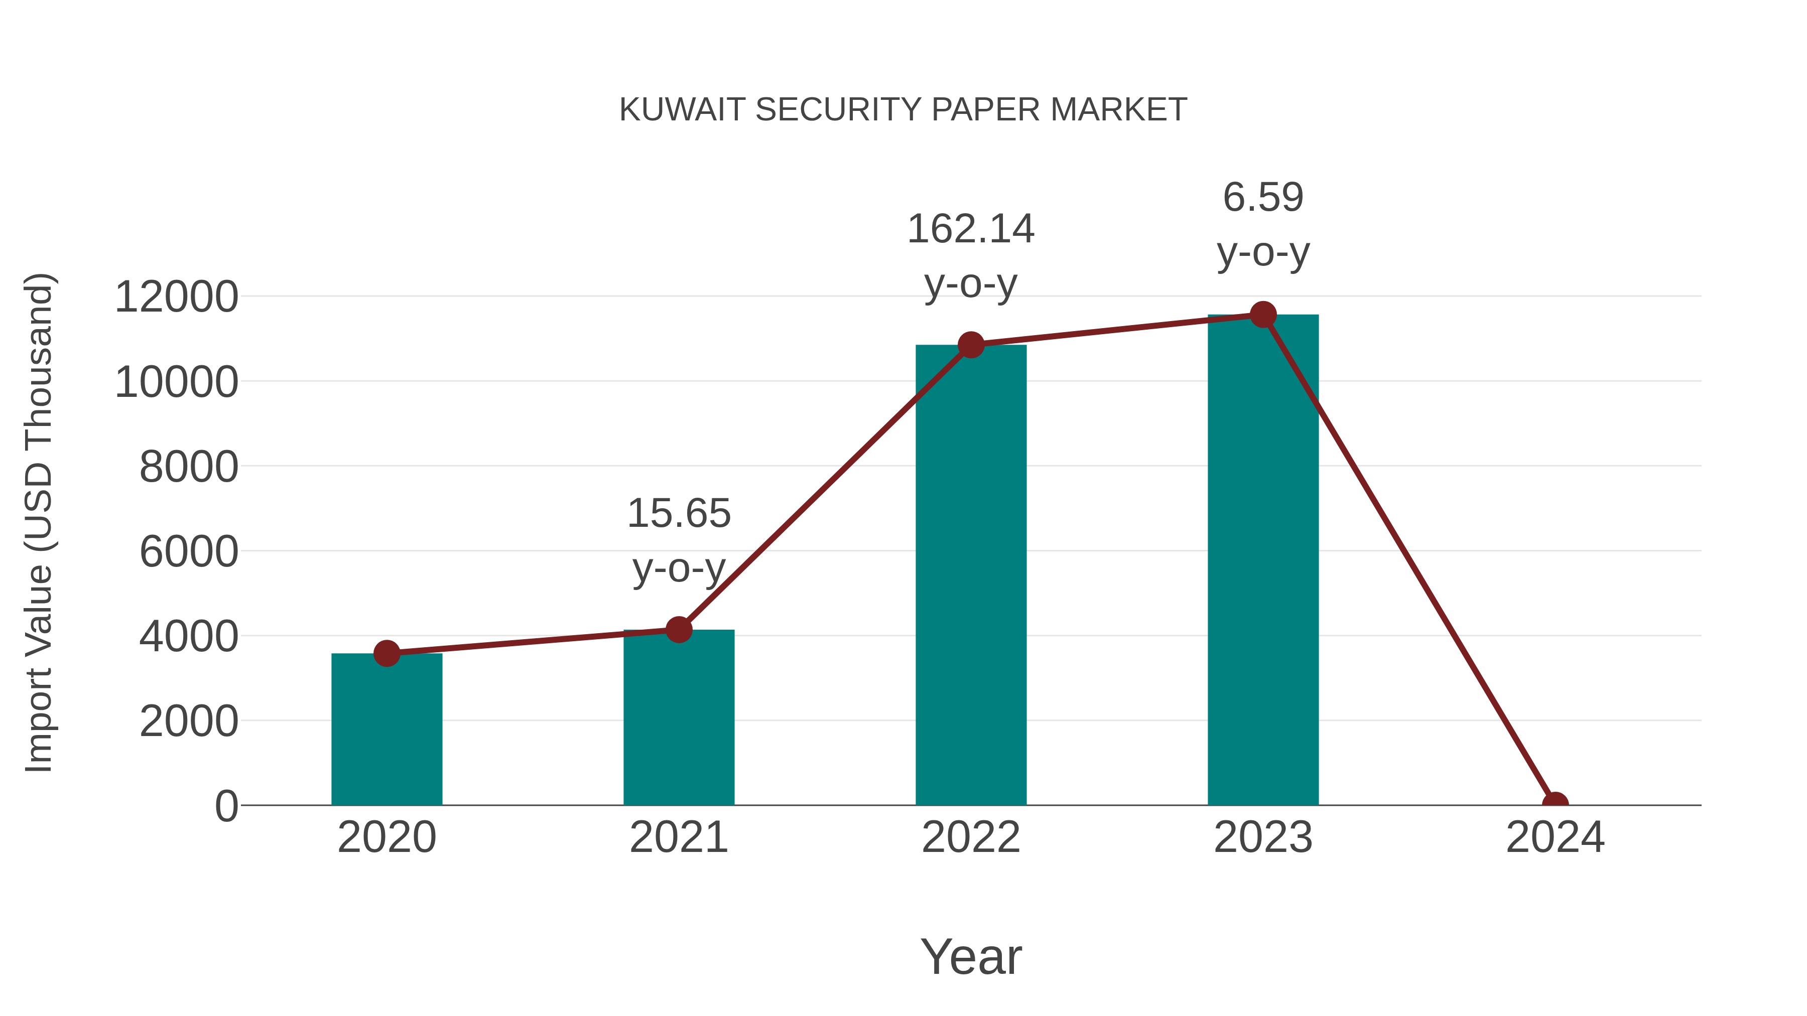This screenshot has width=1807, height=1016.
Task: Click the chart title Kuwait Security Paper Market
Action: point(903,109)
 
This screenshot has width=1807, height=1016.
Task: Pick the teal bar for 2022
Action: point(971,575)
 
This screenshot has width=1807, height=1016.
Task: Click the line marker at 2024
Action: point(1555,804)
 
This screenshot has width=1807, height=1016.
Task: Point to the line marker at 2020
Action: point(386,653)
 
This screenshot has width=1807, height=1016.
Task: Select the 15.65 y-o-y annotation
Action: point(678,540)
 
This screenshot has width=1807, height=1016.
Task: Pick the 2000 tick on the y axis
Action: point(189,721)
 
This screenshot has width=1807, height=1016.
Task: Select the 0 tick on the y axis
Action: point(226,806)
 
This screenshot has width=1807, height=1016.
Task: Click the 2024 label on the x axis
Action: point(1555,837)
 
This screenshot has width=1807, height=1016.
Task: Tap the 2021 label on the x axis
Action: point(678,837)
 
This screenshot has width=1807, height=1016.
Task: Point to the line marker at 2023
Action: point(1263,315)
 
